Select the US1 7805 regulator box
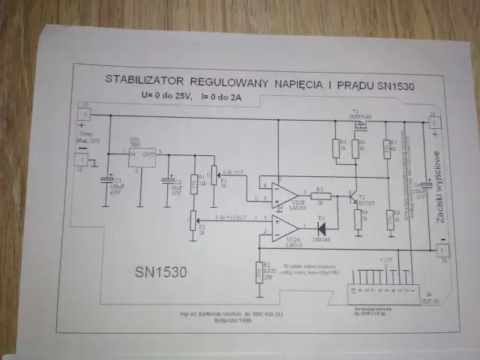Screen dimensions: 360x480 tap(141, 156)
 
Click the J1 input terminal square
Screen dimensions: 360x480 tap(85, 114)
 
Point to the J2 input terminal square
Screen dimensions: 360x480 tap(81, 159)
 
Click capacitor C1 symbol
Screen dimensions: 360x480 tap(106, 181)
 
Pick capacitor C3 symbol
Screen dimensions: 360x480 tap(168, 182)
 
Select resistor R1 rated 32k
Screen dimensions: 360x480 tap(193, 181)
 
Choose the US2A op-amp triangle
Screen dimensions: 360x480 tap(283, 229)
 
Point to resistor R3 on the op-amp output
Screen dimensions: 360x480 tap(319, 196)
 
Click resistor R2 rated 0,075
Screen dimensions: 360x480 tap(259, 271)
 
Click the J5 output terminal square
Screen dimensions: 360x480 tap(433, 119)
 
